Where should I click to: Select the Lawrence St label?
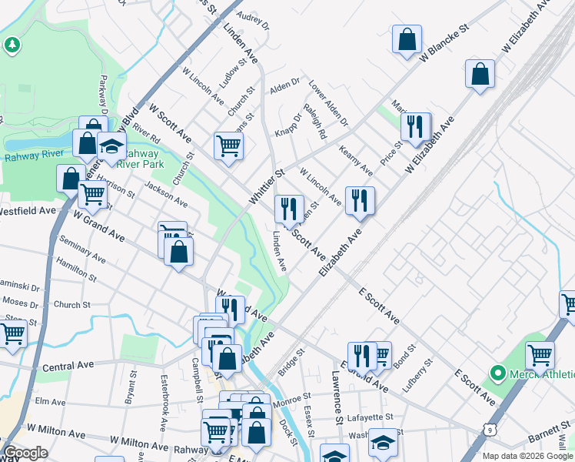tap(336, 397)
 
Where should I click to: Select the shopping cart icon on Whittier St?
tap(228, 144)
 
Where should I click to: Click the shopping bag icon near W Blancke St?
tap(407, 38)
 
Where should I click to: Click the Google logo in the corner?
tap(25, 453)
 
